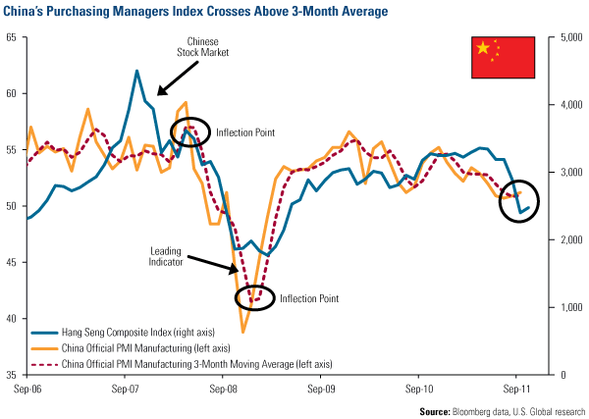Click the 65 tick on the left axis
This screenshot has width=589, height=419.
11,37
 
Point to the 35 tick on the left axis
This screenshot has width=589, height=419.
11,375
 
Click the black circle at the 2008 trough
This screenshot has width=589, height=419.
255,296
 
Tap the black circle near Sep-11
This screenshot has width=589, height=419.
525,200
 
